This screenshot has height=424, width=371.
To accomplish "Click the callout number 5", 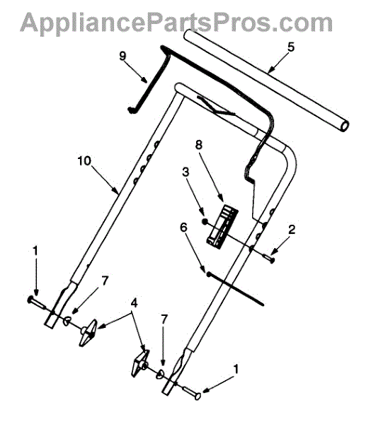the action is (x=291, y=47).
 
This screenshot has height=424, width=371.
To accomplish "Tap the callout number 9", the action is (x=122, y=56).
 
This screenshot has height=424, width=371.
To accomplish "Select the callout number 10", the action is (x=84, y=161).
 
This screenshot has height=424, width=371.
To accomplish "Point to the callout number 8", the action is (x=199, y=145).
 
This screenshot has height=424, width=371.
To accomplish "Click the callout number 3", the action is (x=185, y=172).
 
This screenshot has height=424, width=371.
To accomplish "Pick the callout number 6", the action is (x=183, y=228).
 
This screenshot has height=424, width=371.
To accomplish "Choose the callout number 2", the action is (x=292, y=230).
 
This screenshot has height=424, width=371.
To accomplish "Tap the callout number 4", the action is (x=134, y=303).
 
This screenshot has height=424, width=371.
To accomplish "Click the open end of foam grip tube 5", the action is (x=344, y=126).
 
